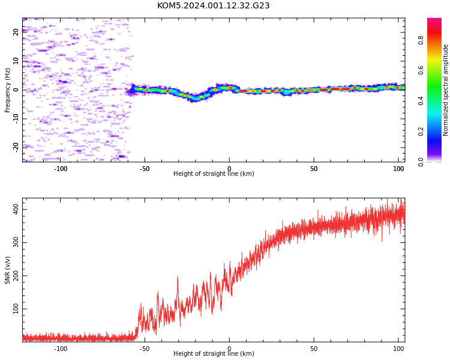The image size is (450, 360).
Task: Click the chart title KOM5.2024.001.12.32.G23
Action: (213, 5)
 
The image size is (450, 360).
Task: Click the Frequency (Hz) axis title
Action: (7, 90)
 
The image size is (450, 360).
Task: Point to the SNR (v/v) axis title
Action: (7, 270)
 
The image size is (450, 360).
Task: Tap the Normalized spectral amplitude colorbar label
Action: (445, 90)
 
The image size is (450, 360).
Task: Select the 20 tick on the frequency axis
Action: (16, 32)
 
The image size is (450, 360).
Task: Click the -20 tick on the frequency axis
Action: (16, 148)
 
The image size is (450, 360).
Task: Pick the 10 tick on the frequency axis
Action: (16, 61)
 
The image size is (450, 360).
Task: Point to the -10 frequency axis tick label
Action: (16, 119)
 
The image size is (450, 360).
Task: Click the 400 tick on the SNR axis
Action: (16, 209)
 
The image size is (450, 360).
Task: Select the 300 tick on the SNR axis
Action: (16, 242)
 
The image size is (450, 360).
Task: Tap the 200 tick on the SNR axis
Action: (16, 275)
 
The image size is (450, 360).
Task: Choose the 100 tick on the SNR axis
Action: (16, 308)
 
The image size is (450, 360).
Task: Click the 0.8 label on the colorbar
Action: (421, 40)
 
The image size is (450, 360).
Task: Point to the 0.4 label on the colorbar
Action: (421, 101)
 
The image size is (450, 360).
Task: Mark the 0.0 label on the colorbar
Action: (421, 162)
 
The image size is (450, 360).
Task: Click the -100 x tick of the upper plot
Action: (60, 169)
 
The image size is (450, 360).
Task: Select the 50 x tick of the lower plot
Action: (314, 349)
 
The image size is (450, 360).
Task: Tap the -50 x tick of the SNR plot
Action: (145, 349)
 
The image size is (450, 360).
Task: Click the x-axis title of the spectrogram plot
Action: (214, 173)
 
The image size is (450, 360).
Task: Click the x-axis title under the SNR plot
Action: (214, 353)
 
